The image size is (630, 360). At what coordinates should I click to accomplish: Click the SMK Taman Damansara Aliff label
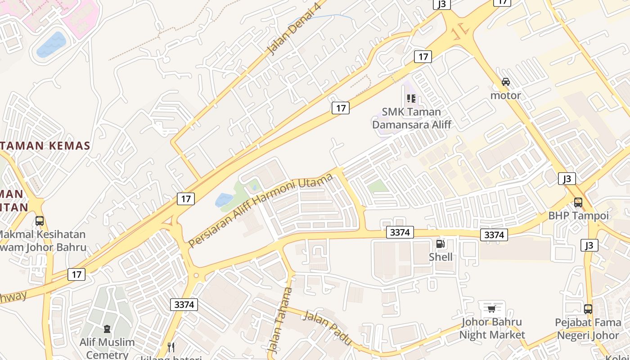411,118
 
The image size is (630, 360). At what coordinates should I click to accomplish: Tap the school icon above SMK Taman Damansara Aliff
411,98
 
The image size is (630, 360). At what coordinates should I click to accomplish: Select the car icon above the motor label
506,82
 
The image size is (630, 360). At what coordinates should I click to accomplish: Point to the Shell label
441,257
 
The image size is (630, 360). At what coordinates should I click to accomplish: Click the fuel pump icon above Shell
441,244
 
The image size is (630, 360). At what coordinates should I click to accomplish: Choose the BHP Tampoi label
578,216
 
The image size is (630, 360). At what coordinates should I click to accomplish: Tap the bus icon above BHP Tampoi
578,202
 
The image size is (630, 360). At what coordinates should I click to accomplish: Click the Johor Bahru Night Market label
492,328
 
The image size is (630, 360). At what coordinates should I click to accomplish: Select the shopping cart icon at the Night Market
491,309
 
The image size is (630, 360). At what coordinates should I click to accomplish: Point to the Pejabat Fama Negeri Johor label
588,329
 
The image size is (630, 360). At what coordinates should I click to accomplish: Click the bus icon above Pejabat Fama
588,309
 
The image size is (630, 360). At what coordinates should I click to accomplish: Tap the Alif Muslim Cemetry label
107,348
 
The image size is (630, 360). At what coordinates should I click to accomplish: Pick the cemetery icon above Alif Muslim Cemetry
107,329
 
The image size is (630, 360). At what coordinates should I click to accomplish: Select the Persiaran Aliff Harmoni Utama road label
261,210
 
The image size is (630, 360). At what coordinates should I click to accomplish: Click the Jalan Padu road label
327,328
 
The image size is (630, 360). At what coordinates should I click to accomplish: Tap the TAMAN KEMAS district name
45,146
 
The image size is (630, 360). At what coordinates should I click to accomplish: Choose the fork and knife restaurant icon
171,347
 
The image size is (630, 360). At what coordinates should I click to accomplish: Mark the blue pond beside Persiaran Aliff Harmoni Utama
224,199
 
